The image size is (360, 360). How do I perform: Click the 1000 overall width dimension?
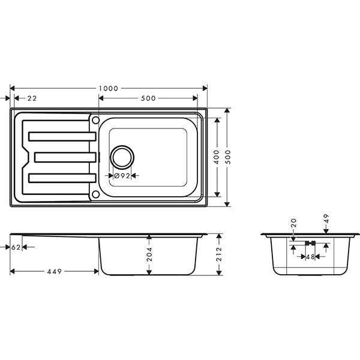[109, 88]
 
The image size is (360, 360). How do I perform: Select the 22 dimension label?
[32, 98]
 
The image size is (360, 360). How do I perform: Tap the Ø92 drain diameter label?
[122, 176]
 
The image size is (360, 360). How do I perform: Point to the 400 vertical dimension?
[217, 157]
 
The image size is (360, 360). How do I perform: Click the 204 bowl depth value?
[149, 254]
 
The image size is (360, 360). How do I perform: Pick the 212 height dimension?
[219, 254]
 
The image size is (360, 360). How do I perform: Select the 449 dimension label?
[55, 272]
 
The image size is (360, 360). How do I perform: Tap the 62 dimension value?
[16, 247]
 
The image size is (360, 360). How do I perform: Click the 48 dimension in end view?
[310, 257]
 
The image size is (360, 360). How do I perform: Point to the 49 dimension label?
[326, 218]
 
